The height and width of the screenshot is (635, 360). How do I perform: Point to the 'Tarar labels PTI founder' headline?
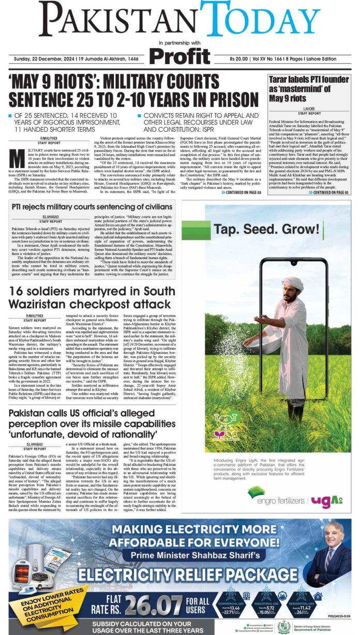(x=309, y=87)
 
